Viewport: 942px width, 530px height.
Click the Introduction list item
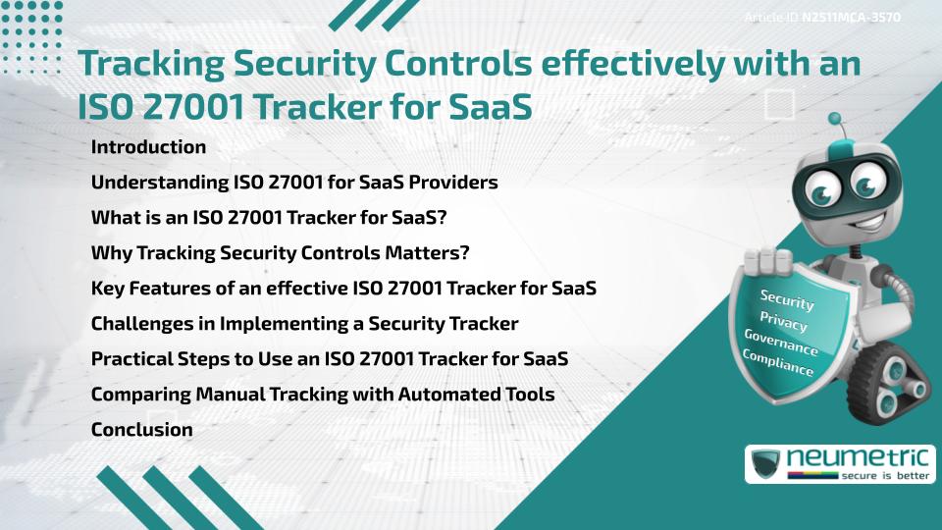tap(148, 147)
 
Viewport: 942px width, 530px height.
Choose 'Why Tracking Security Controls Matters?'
tap(281, 253)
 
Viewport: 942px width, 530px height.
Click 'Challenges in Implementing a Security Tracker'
tap(304, 323)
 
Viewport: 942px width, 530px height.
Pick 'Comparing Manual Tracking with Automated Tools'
tap(323, 394)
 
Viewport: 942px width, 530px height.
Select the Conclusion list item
tap(141, 429)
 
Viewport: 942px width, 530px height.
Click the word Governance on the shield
tap(781, 343)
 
